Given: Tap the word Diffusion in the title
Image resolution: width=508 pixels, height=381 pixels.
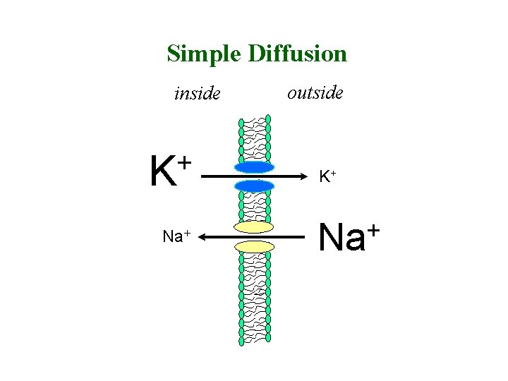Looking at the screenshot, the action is click(x=297, y=54).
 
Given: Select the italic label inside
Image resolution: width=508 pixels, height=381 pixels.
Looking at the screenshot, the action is click(x=197, y=93).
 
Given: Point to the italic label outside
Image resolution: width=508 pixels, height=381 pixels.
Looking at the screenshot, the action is click(x=315, y=92).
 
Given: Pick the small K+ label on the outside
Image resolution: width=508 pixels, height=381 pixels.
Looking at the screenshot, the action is click(x=327, y=177).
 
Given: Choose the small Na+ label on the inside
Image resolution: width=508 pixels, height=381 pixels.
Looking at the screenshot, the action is click(x=176, y=236).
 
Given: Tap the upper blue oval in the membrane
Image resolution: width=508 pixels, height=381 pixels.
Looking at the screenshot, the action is click(x=254, y=168).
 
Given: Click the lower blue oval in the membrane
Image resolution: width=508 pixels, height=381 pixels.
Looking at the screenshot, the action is click(x=254, y=186).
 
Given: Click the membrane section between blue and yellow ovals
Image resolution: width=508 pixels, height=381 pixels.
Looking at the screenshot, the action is click(x=254, y=206).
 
